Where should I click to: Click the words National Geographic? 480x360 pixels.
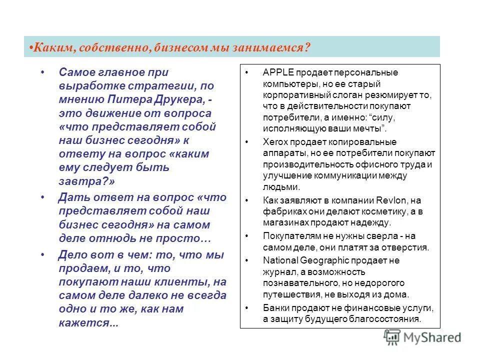tap(306, 260)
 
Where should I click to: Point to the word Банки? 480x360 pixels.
tap(276, 307)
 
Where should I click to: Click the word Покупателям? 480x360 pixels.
tap(288, 235)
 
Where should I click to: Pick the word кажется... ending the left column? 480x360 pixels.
tap(88, 323)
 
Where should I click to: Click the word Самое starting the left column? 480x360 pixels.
tap(76, 73)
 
